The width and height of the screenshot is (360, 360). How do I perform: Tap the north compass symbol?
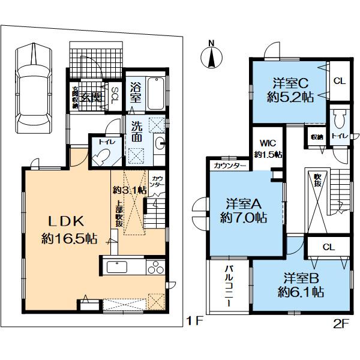(211, 55)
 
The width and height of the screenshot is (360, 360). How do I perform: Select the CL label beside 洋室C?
(339, 80)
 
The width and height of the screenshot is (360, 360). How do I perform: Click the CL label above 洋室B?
(328, 247)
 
